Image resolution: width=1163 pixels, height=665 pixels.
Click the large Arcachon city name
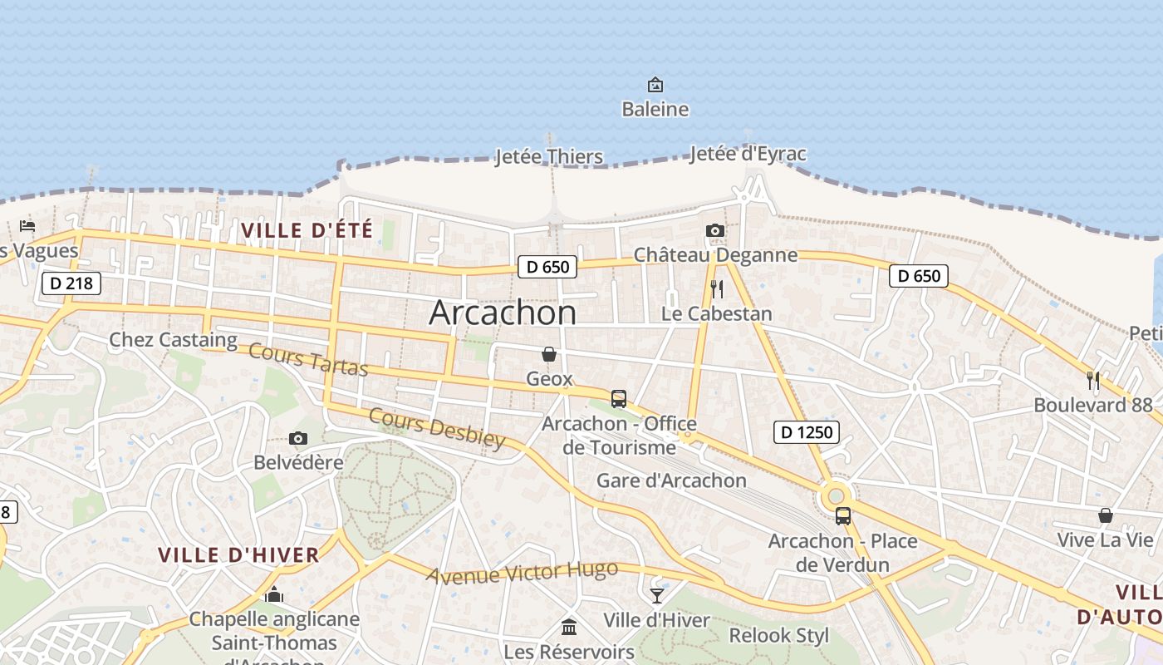click(503, 313)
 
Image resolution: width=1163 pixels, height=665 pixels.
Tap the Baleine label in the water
click(655, 109)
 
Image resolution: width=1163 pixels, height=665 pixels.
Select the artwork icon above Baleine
click(655, 85)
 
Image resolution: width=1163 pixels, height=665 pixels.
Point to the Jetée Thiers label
click(549, 156)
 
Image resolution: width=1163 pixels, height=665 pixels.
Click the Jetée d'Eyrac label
click(748, 154)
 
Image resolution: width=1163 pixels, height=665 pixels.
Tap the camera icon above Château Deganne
click(714, 230)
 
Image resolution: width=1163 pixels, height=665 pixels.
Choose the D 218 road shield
click(71, 283)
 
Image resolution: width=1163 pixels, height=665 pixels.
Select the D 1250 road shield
click(806, 431)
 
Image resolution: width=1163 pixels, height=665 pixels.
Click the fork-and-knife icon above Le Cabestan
click(717, 289)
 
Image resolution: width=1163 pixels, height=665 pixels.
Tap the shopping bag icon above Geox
click(549, 354)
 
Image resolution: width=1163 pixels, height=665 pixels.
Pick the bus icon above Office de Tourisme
click(619, 399)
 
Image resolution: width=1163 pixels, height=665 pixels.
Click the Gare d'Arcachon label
click(671, 480)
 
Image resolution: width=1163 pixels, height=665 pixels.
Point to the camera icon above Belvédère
click(298, 438)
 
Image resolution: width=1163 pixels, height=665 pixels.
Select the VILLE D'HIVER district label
click(238, 555)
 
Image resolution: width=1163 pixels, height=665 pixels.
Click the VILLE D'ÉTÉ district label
click(307, 230)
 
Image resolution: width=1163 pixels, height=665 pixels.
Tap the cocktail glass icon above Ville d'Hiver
click(657, 595)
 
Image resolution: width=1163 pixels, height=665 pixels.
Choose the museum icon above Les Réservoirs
click(569, 627)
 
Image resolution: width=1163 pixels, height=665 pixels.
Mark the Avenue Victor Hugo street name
click(523, 572)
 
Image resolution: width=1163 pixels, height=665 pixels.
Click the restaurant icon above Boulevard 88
click(1093, 381)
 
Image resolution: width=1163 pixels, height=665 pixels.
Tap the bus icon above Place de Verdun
click(843, 516)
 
